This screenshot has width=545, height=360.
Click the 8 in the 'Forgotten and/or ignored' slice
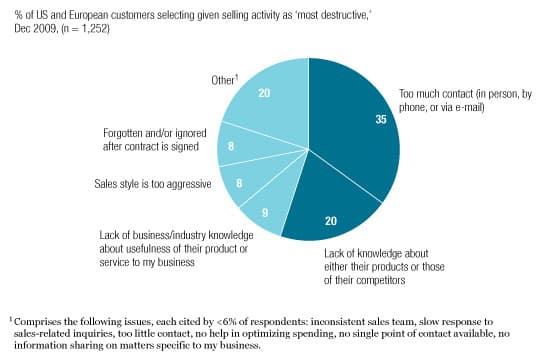pyautogui.click(x=233, y=145)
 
